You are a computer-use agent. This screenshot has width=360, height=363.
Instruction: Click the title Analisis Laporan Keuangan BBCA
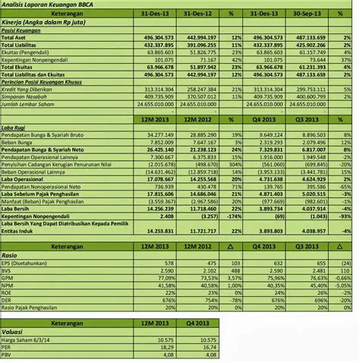pos(46,5)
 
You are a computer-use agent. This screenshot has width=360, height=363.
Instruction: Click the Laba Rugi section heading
pos(16,125)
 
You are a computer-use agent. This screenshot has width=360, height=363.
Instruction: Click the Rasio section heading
pos(11,254)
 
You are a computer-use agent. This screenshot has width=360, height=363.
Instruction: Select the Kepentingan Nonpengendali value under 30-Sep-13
pos(311,58)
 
